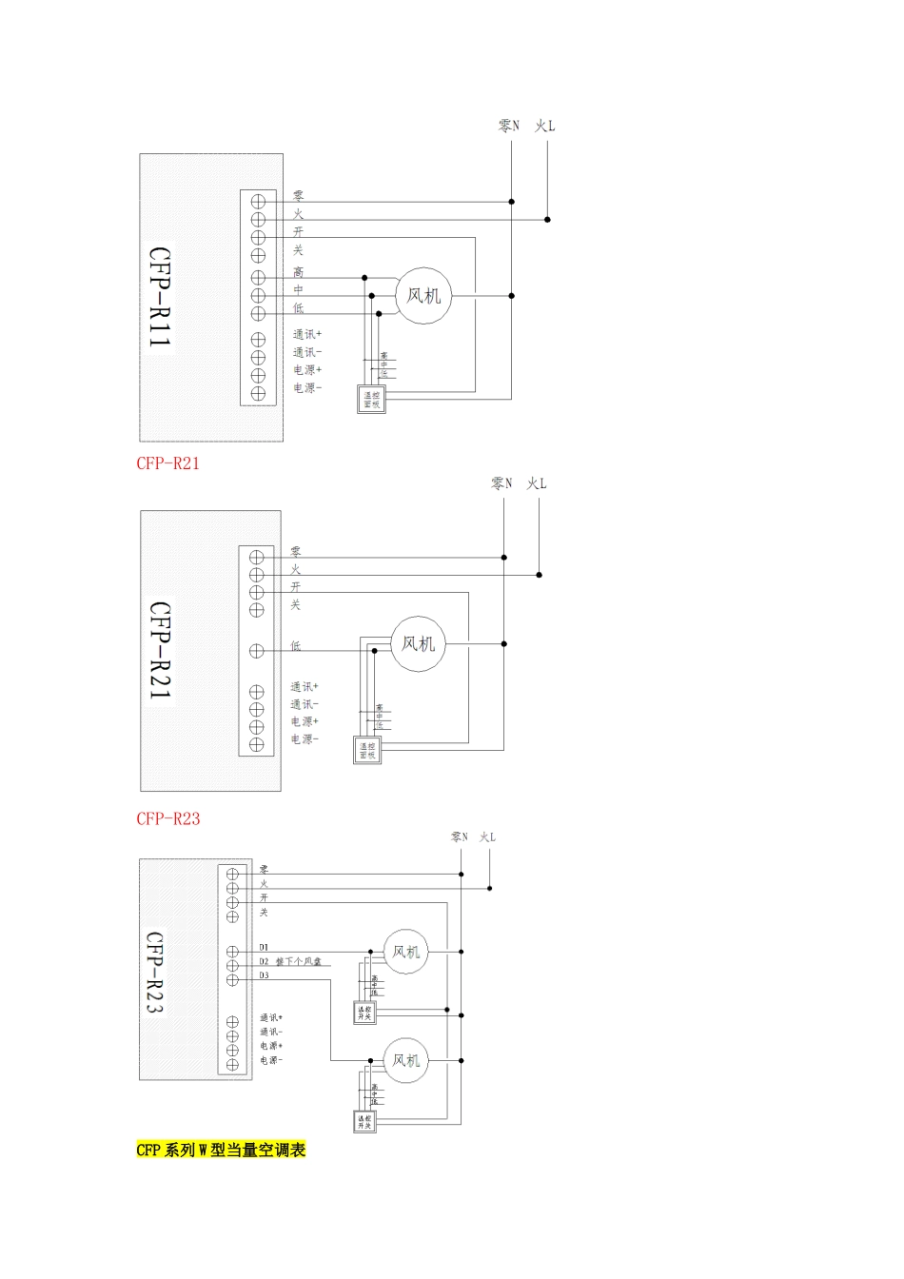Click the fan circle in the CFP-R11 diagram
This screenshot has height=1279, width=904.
click(x=423, y=296)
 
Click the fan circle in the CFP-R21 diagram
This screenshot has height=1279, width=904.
click(x=418, y=644)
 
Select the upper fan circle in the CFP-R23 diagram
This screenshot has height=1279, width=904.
click(x=406, y=952)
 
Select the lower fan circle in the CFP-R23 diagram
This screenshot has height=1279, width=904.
click(x=406, y=1060)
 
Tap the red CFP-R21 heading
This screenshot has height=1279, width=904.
click(x=167, y=464)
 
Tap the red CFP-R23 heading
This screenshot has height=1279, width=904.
click(x=167, y=818)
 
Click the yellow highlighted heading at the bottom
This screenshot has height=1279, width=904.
click(x=221, y=1150)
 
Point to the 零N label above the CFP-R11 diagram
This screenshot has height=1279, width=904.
click(x=509, y=126)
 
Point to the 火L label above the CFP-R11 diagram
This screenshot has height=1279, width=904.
click(x=545, y=126)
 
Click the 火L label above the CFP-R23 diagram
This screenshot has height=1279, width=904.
click(x=487, y=837)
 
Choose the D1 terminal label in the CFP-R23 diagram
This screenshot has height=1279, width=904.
click(x=265, y=947)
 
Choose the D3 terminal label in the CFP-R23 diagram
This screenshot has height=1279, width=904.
click(x=265, y=975)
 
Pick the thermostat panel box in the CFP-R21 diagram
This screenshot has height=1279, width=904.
click(x=367, y=751)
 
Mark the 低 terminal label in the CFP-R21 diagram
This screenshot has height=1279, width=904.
click(x=296, y=646)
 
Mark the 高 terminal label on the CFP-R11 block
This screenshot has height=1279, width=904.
click(x=299, y=273)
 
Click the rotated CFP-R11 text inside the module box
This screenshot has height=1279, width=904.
click(x=160, y=297)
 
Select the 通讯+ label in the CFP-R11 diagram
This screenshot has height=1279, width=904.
click(x=306, y=335)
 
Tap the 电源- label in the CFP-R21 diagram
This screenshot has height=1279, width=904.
click(x=305, y=739)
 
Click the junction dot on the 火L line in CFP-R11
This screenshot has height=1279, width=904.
click(x=548, y=220)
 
